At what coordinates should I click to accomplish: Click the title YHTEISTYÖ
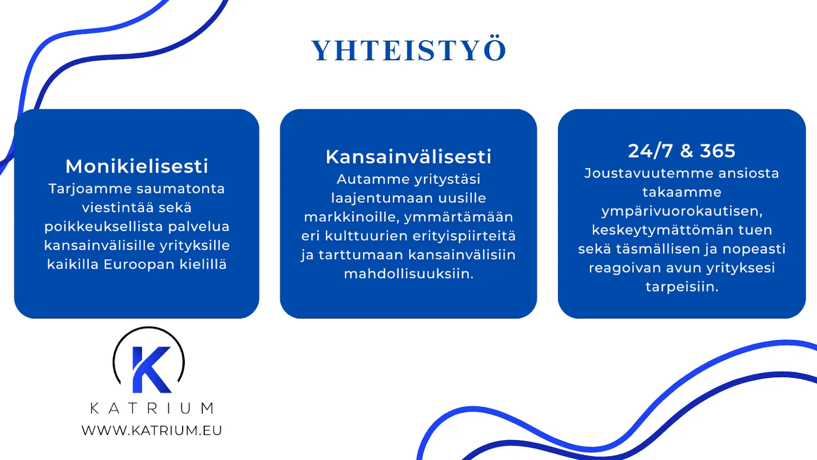pos(408,51)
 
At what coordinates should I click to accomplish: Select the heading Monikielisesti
pos(137,166)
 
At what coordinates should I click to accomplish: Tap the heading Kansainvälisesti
pos(408,157)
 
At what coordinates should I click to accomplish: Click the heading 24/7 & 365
pos(682,151)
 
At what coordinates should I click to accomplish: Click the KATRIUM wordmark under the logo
pos(152,408)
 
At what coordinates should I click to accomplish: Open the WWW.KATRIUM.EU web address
pos(152,430)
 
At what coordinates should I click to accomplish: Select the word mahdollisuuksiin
pos(408,274)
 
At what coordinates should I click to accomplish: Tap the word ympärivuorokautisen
pos(682,211)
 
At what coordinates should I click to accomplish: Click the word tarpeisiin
pos(682,287)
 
